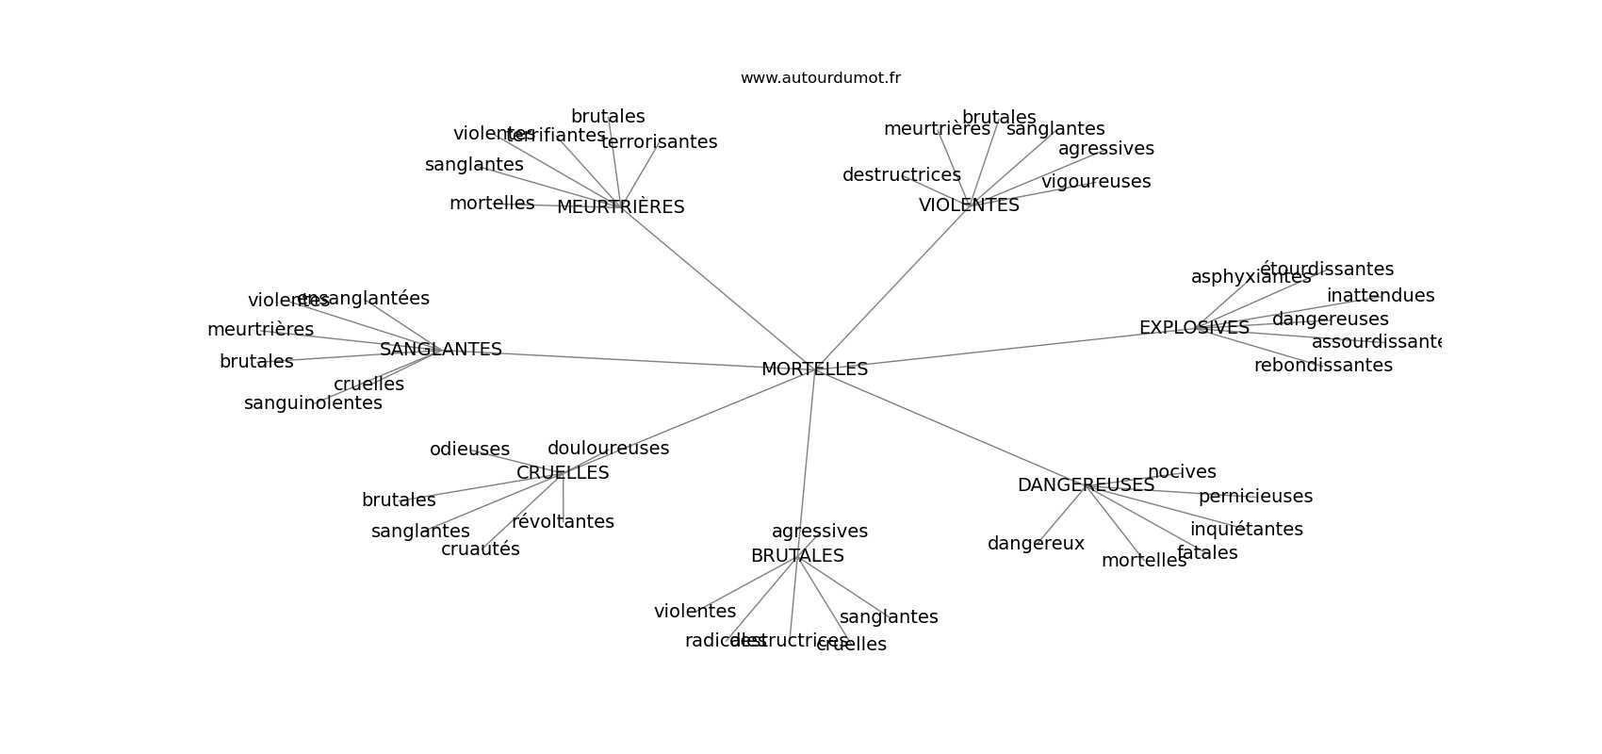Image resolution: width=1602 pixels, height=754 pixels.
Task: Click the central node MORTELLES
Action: (814, 369)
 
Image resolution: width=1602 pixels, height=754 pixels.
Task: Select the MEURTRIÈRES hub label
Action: (620, 207)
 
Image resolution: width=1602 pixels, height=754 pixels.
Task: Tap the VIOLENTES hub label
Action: (969, 205)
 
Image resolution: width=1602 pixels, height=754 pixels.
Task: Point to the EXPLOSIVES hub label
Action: (1194, 328)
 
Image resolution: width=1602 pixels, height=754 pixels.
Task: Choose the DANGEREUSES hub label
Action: (1086, 485)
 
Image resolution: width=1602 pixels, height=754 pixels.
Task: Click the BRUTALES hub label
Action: (797, 556)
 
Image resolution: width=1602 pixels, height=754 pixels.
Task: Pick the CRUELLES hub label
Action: (563, 473)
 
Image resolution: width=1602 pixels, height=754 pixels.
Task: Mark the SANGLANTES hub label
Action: (441, 350)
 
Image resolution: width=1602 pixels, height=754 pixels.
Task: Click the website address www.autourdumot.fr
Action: (820, 78)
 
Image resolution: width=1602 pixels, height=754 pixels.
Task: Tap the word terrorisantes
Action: (659, 142)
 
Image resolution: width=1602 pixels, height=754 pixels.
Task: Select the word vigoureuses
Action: (1096, 182)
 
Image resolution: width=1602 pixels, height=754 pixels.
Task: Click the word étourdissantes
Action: (1327, 270)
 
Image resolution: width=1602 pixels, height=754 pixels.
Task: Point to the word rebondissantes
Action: (1323, 366)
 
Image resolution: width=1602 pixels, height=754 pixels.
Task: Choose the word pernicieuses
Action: (1255, 497)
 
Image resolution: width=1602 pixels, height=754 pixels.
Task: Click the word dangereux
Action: (1036, 544)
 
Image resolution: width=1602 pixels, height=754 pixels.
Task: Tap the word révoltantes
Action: (563, 522)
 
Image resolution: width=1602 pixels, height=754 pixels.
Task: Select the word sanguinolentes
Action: (313, 403)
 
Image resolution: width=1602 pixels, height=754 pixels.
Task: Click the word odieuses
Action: (469, 450)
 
